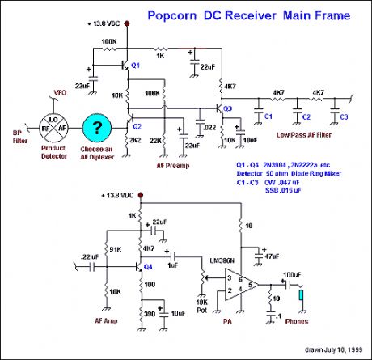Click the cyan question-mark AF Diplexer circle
pyautogui.click(x=97, y=130)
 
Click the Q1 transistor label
pyautogui.click(x=135, y=65)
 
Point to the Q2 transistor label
pyautogui.click(x=137, y=126)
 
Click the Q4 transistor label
pyautogui.click(x=147, y=265)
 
